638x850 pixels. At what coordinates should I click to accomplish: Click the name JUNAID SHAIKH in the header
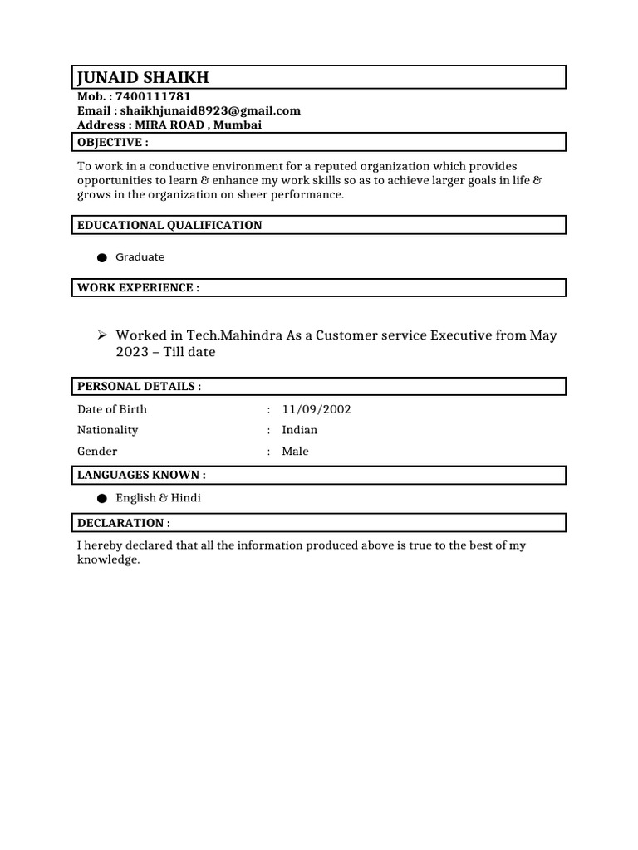tap(143, 78)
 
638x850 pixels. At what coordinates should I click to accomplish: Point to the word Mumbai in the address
tap(240, 125)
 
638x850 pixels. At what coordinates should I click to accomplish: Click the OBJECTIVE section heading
tap(113, 142)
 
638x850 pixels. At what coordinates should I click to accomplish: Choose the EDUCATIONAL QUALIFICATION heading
tap(169, 225)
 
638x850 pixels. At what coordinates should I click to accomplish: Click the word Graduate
tap(140, 257)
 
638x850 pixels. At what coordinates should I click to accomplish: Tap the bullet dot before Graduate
tap(101, 258)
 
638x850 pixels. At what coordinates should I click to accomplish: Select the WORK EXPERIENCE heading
tap(138, 288)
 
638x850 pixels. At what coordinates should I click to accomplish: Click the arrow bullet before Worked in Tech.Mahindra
tap(101, 335)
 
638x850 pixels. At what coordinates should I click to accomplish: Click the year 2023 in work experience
tap(130, 352)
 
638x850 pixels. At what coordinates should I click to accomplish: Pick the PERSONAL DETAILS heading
tap(139, 387)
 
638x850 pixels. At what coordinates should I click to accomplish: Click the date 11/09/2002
tap(311, 409)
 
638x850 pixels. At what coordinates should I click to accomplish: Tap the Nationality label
tap(108, 430)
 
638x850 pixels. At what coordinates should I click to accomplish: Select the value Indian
tap(299, 430)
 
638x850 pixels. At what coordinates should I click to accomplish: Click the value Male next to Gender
tap(295, 452)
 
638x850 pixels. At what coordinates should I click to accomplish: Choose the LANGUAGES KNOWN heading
tap(141, 475)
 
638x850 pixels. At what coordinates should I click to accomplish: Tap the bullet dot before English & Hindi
tap(101, 499)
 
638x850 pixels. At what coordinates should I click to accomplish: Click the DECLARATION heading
tap(124, 523)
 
